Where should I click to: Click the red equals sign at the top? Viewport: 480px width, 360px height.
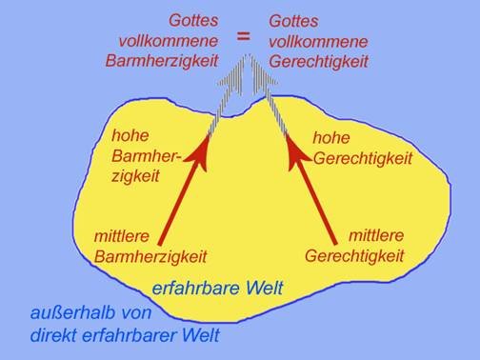[x=244, y=35]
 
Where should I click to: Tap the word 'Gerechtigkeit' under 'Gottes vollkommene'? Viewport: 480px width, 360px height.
[x=317, y=58]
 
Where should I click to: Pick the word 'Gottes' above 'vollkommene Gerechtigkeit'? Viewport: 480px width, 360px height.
[x=293, y=19]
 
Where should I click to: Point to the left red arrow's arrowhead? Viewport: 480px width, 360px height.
[x=203, y=150]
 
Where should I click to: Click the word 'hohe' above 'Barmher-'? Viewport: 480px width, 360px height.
[x=130, y=135]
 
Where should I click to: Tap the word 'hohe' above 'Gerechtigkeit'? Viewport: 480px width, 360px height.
[x=331, y=137]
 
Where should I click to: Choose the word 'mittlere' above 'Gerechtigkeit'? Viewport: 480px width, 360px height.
[x=377, y=235]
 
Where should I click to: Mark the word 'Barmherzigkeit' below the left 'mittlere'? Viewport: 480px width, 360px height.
[x=150, y=256]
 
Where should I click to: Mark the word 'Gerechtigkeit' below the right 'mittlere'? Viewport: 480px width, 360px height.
[x=355, y=256]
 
